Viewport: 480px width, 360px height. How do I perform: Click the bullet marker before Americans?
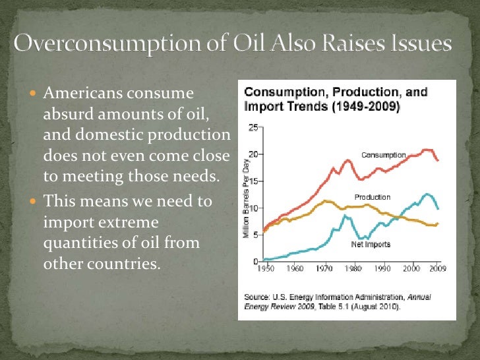pyautogui.click(x=35, y=95)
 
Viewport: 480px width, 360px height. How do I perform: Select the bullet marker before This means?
pyautogui.click(x=35, y=201)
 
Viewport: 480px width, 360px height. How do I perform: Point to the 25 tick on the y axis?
pyautogui.click(x=253, y=127)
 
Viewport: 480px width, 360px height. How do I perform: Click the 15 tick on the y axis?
pyautogui.click(x=253, y=181)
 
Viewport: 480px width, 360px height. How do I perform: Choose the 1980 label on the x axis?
pyautogui.click(x=353, y=269)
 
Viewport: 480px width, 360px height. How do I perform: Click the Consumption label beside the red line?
pyautogui.click(x=383, y=155)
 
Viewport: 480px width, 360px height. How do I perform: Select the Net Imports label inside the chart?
pyautogui.click(x=370, y=244)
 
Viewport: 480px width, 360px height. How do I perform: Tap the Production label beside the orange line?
pyautogui.click(x=373, y=197)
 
